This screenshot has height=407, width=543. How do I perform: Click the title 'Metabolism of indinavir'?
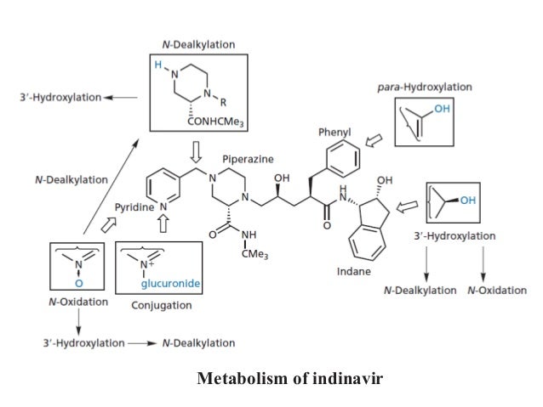(290, 377)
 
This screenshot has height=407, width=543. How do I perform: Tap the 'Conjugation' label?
(162, 305)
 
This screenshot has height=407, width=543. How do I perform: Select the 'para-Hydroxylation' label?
(424, 88)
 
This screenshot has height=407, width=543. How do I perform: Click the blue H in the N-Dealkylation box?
(157, 65)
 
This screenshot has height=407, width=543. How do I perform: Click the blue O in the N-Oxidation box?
(78, 282)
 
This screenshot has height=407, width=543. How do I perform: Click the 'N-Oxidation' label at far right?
(497, 291)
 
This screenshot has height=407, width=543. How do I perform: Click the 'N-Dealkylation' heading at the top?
(198, 43)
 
